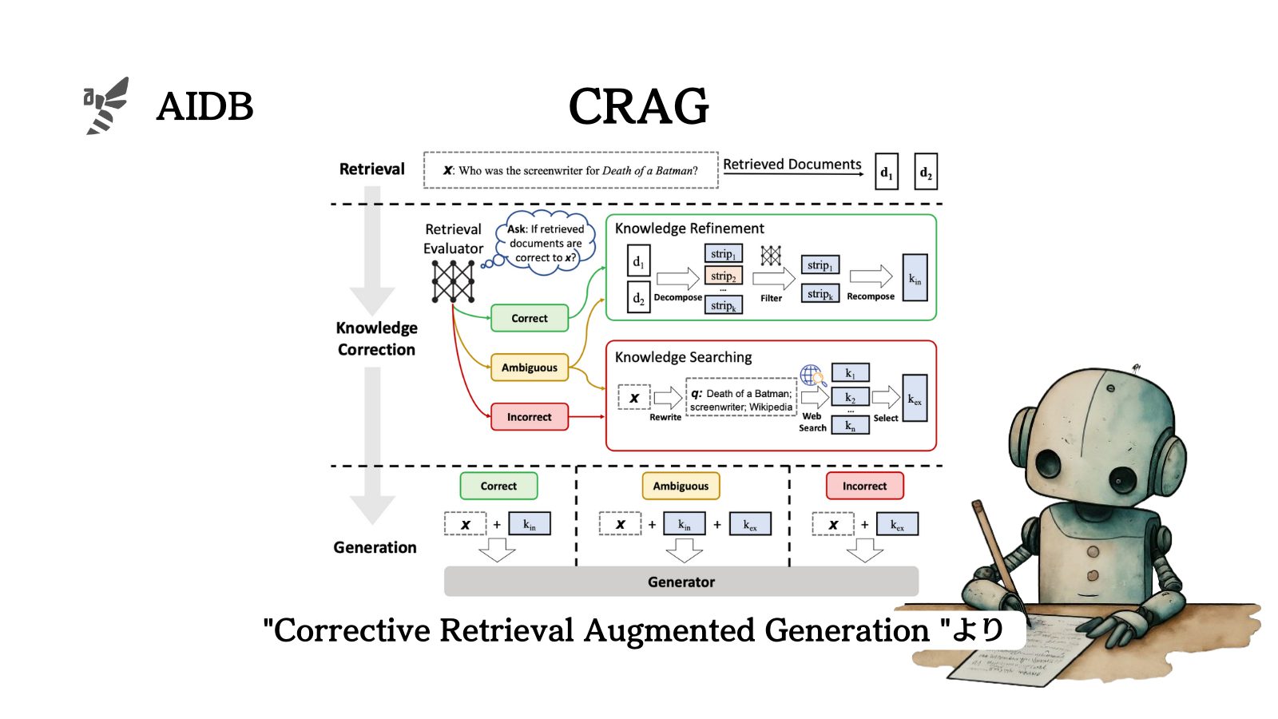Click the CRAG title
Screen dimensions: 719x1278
click(x=638, y=106)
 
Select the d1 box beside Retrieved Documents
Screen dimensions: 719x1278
click(x=886, y=172)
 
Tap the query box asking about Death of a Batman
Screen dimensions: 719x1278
click(x=570, y=170)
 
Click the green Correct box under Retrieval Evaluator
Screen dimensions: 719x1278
click(x=530, y=318)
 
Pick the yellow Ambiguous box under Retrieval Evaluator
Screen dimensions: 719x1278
click(x=530, y=367)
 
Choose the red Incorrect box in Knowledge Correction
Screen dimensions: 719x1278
click(x=530, y=417)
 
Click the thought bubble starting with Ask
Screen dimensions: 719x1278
click(x=546, y=243)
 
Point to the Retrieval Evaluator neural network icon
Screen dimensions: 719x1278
click(x=453, y=281)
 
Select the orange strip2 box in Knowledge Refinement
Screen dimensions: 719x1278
click(x=724, y=276)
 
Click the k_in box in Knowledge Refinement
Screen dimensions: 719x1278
click(x=915, y=278)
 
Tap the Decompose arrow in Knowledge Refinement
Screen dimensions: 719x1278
click(x=677, y=278)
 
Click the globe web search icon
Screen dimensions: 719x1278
click(x=812, y=375)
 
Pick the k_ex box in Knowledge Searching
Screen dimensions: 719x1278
click(x=915, y=398)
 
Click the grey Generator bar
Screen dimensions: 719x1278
click(x=681, y=582)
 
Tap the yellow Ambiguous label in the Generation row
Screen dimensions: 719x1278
click(x=681, y=486)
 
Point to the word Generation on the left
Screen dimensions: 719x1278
click(x=375, y=547)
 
